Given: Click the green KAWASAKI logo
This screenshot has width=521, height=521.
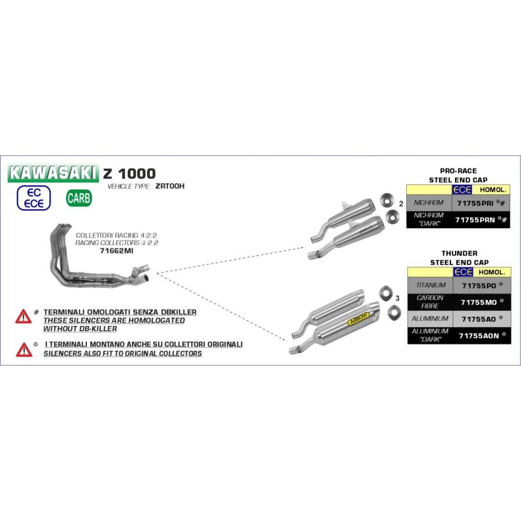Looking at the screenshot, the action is point(53,173).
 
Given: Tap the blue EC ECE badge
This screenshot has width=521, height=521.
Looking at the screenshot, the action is point(34,198).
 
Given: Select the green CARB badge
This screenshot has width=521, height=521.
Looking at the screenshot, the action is point(79,198).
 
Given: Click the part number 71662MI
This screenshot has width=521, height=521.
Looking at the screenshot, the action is point(116,251).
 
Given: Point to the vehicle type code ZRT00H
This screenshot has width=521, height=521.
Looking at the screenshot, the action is point(170,186).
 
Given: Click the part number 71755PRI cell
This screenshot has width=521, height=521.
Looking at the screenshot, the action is point(481,203).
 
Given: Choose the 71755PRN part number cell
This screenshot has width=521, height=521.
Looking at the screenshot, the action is point(481,219).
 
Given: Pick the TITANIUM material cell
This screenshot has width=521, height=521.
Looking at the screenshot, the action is point(431,285).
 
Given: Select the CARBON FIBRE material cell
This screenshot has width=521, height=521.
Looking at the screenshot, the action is point(430,302).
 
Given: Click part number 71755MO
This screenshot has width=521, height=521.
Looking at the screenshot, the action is point(479,302).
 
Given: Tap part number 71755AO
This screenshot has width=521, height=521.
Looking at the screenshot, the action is point(479,320).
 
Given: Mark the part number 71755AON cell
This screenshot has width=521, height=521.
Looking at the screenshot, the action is point(482,336).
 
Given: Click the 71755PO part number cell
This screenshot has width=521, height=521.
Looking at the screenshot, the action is point(482,285).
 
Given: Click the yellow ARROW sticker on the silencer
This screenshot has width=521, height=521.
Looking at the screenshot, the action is point(358,318).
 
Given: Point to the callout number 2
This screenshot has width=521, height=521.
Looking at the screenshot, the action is point(401,204).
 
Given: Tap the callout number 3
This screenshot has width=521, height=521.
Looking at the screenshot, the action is point(397,298).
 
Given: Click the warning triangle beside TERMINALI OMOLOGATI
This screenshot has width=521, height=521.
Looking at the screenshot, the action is point(23,317).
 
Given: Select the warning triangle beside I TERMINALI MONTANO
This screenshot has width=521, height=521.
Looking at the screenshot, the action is point(24,350).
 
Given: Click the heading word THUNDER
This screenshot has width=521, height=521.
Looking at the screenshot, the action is point(460,253).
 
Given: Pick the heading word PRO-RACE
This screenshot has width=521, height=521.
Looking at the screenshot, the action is point(458,171).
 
